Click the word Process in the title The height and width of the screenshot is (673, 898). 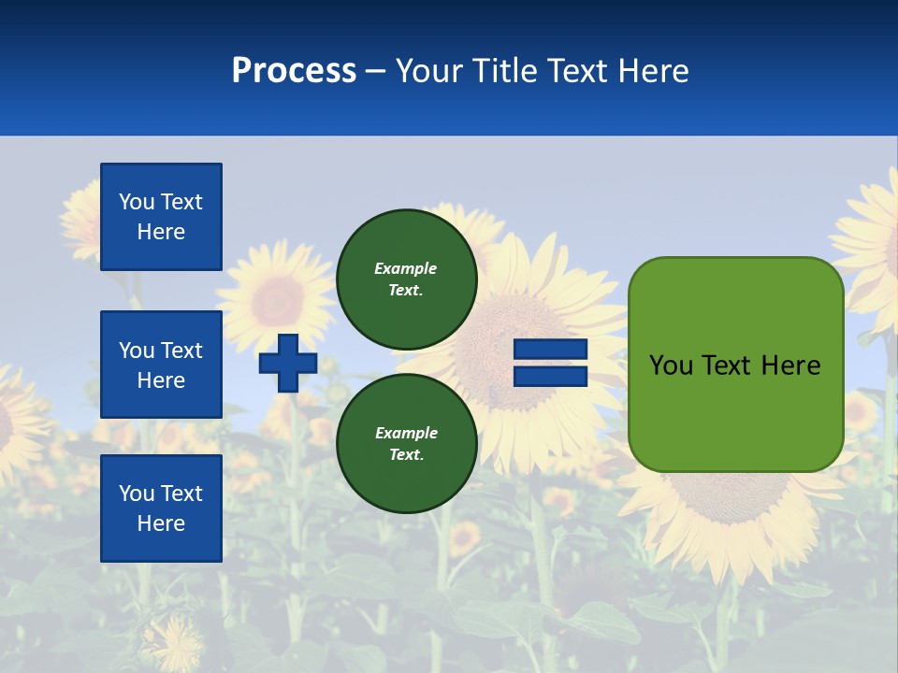click(294, 71)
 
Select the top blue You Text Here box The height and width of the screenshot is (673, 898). click(161, 217)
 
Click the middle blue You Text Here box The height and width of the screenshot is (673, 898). click(161, 365)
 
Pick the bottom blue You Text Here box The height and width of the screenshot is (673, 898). click(161, 508)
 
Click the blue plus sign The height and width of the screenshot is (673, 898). click(288, 363)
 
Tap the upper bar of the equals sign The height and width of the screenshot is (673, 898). click(550, 350)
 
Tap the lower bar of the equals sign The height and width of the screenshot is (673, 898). click(550, 377)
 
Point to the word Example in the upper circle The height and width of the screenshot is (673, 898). click(406, 268)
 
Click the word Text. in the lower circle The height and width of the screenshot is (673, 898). click(406, 455)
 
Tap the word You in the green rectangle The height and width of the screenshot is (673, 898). click(670, 365)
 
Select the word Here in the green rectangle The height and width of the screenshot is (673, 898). click(790, 365)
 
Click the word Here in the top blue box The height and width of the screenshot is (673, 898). click(161, 232)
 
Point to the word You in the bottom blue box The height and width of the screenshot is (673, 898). click(137, 494)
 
